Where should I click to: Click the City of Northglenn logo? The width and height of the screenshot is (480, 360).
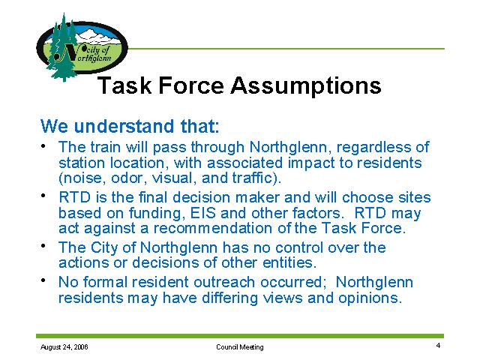tap(82, 47)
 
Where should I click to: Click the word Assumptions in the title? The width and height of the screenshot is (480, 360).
tap(306, 85)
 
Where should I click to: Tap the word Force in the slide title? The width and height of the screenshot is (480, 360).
tap(191, 85)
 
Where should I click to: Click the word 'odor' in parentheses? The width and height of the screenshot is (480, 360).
tap(127, 178)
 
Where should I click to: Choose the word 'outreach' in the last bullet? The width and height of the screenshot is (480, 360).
tap(224, 282)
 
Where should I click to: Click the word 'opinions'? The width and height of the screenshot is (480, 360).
tap(370, 298)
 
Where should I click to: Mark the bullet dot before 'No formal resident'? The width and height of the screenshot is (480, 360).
tap(43, 280)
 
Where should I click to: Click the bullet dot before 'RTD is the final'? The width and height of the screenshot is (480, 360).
tap(43, 195)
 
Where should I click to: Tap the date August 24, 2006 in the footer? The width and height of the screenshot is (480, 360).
tap(64, 347)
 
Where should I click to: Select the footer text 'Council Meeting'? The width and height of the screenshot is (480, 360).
tap(240, 347)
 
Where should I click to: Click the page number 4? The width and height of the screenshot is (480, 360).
tap(438, 346)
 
